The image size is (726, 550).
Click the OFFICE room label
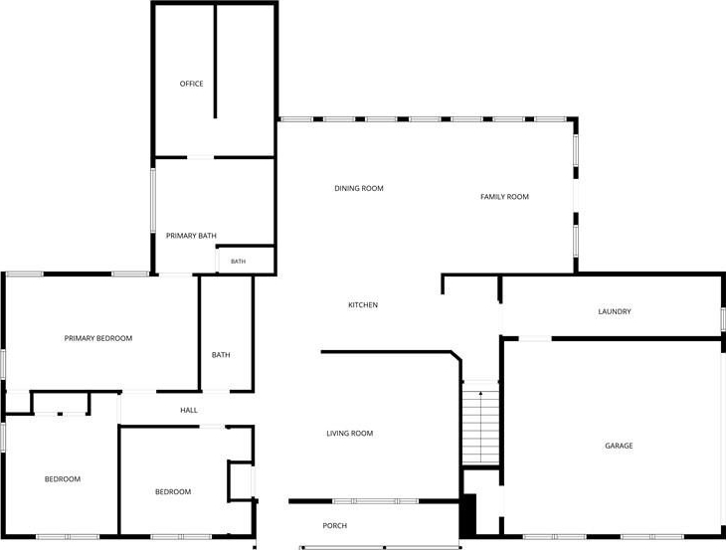[191, 84]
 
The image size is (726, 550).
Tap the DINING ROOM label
[359, 188]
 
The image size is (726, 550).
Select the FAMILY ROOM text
[504, 197]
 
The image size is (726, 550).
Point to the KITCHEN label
[363, 305]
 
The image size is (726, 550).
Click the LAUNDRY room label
[615, 311]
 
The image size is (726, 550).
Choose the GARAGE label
[619, 446]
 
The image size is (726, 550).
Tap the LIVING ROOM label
[349, 434]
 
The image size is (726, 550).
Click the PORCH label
[335, 526]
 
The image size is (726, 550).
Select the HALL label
[189, 410]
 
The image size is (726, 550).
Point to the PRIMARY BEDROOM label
[98, 338]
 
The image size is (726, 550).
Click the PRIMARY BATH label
[191, 236]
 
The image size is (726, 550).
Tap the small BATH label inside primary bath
[238, 262]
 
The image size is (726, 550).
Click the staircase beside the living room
[481, 423]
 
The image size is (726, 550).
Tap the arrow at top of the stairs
[481, 395]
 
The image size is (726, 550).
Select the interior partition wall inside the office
[215, 61]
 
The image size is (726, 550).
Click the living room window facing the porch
[376, 501]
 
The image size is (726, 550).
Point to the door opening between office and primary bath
[201, 157]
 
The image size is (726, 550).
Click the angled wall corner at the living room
[456, 356]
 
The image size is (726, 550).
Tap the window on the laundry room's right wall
[723, 319]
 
